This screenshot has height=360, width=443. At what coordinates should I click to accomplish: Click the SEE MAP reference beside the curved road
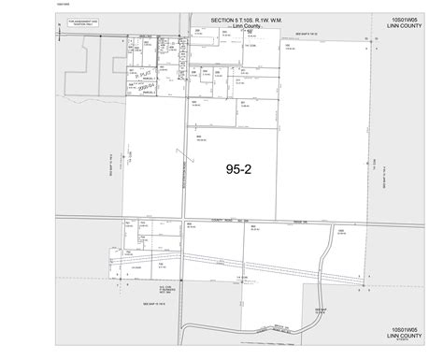[x=321, y=310]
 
